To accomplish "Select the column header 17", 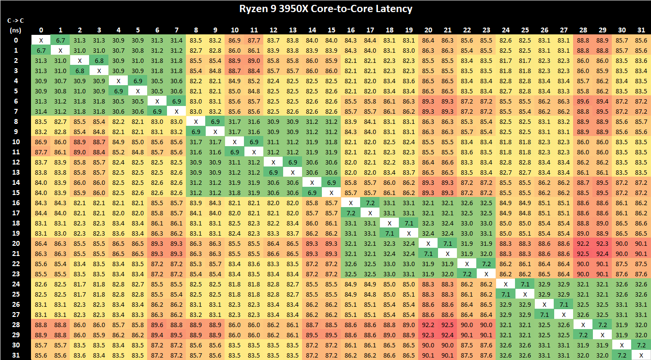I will [370, 30].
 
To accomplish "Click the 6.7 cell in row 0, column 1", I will [61, 40].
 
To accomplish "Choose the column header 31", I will [641, 30].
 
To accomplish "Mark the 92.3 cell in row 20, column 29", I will [603, 243].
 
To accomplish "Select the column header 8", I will [196, 30].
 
